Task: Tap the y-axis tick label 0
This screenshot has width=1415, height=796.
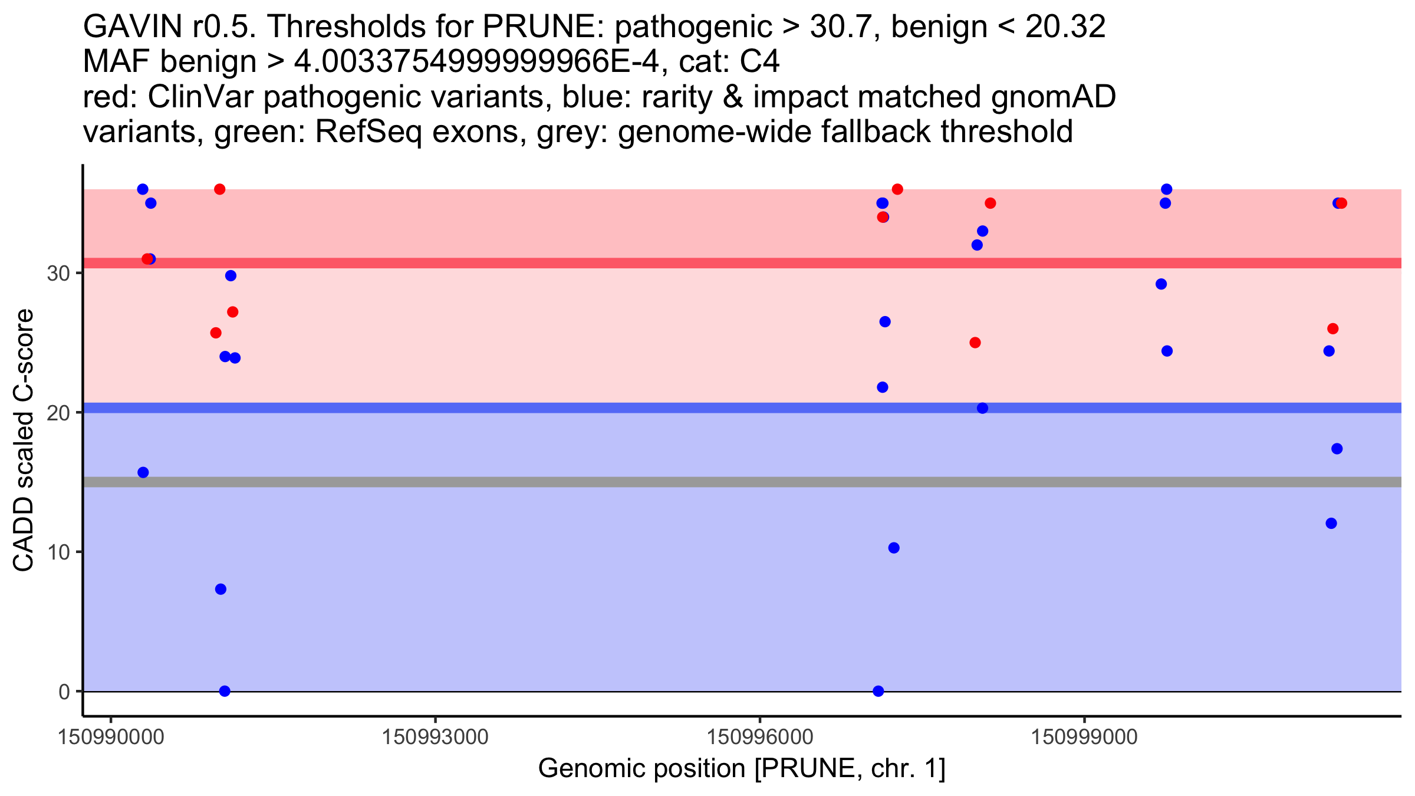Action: tap(64, 692)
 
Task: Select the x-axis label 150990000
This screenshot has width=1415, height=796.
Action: tap(111, 737)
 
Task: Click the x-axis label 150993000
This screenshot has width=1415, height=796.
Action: tap(435, 737)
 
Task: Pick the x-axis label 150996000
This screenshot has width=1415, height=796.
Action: tap(759, 737)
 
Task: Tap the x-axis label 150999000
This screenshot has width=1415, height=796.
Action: tap(1084, 737)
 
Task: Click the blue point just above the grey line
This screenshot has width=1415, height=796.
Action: tap(143, 472)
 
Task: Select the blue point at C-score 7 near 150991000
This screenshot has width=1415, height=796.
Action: tap(221, 589)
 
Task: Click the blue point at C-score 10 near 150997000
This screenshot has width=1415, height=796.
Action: tap(894, 548)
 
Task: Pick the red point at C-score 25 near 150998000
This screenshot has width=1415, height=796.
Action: tap(975, 343)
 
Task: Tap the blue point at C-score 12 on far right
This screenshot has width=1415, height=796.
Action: tap(1331, 524)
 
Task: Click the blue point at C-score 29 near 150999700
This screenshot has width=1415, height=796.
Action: tap(1161, 284)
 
